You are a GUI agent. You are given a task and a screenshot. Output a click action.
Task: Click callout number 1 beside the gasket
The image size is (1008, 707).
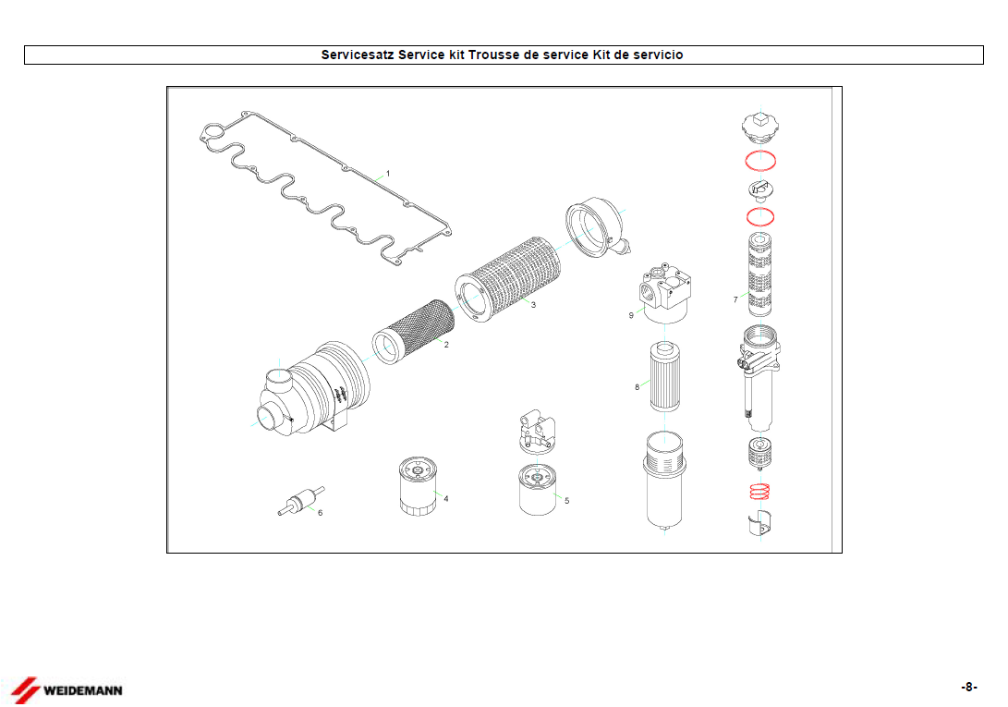point(388,174)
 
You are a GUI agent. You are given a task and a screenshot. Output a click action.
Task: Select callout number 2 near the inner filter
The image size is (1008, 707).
point(447,345)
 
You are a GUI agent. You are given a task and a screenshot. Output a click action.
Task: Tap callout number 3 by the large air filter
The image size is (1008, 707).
point(534,305)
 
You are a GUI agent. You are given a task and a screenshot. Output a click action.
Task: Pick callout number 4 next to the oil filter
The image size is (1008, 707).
point(446,499)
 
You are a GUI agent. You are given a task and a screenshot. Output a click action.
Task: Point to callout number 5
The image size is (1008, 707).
point(567,501)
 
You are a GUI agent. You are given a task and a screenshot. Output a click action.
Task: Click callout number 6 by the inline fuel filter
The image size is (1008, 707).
point(321,513)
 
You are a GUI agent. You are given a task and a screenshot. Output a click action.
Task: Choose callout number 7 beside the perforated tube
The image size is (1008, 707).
point(735,299)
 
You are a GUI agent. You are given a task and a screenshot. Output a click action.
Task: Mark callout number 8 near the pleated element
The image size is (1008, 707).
point(638,387)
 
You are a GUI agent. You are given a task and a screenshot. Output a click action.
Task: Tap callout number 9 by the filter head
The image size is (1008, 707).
point(631,315)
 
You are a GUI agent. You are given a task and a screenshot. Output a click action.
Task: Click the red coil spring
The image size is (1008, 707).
point(759,492)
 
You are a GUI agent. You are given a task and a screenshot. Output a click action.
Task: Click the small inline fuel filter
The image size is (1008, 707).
point(301,501)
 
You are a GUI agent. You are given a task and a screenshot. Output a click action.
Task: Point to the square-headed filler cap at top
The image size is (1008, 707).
point(760,127)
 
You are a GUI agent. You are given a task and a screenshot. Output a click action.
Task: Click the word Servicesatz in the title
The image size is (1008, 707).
point(358,55)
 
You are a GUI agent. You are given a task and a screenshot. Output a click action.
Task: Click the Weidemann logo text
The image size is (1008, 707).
point(83,691)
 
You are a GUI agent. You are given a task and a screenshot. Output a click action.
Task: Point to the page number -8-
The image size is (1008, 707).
point(969,687)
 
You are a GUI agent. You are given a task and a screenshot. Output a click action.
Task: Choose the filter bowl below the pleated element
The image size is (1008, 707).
point(664,481)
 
